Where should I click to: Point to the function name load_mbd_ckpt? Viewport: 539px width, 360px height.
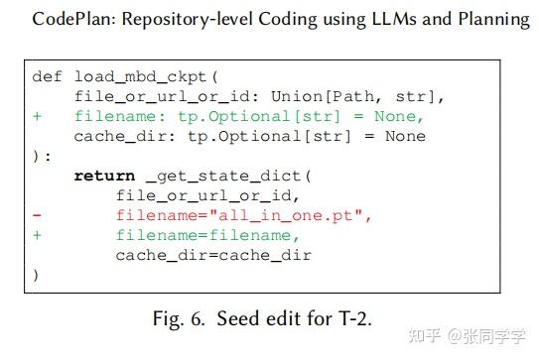135,76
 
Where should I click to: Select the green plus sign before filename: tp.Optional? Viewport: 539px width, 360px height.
37,115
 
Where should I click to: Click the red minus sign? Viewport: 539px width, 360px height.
37,214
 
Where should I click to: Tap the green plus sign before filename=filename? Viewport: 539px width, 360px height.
37,234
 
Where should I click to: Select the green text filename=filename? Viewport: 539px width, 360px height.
206,234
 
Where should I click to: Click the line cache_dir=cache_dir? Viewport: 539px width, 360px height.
213,254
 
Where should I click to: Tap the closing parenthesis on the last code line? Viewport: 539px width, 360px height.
36,274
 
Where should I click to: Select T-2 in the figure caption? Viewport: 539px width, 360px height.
372,318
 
